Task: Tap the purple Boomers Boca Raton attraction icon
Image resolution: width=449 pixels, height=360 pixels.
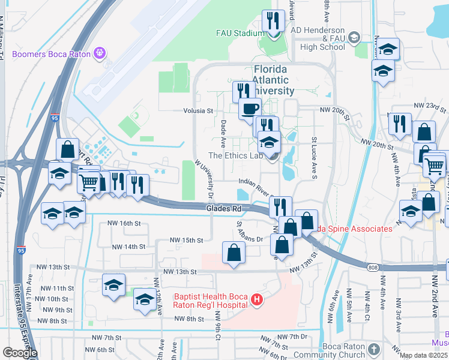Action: coord(100,54)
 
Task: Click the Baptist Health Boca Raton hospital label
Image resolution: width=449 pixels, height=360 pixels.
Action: coord(211,301)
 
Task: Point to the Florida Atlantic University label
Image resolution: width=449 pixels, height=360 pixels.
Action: coord(270,80)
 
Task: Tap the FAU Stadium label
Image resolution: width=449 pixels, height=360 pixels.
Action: coord(240,34)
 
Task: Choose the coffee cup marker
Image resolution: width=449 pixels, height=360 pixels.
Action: coord(250,110)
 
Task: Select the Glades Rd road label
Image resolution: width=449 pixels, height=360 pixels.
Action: coord(223,208)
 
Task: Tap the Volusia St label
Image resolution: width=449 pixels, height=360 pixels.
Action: coord(199,111)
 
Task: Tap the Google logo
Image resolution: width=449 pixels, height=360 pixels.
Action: coord(20,353)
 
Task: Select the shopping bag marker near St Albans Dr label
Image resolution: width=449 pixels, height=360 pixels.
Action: coord(234,253)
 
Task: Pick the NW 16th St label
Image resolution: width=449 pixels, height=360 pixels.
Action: coord(123,223)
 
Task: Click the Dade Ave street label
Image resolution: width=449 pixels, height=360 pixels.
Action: coord(223,133)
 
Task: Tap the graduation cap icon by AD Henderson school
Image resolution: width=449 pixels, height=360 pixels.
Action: coord(354,38)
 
